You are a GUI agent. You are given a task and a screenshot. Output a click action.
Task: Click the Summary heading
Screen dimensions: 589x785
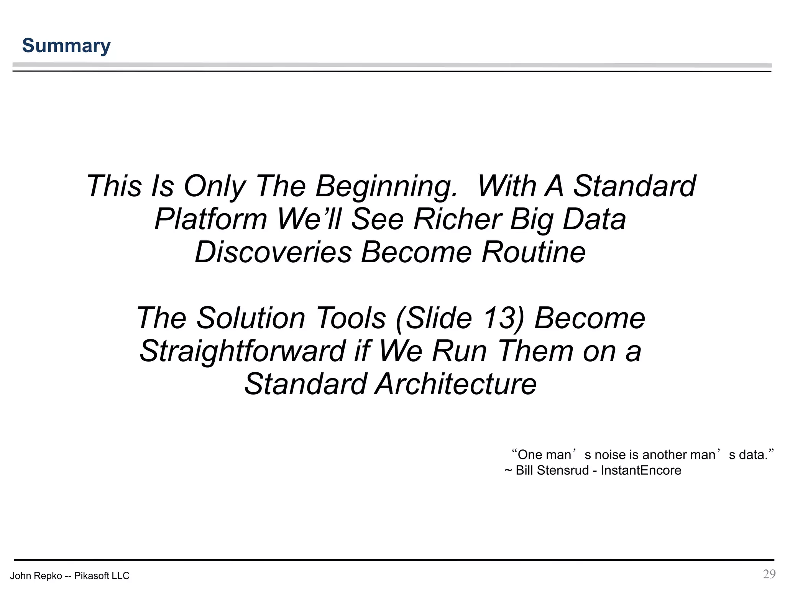66,46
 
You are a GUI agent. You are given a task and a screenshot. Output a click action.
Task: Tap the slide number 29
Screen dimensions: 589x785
769,574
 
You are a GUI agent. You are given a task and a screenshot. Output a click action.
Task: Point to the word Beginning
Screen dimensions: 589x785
386,187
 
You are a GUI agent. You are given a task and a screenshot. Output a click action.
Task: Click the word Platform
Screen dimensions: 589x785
210,219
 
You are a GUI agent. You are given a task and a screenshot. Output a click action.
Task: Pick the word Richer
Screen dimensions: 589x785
457,219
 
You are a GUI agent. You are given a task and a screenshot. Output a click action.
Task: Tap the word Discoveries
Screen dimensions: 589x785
273,252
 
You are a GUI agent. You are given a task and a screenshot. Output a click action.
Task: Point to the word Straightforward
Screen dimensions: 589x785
242,351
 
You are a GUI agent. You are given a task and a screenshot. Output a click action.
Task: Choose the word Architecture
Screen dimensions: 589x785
455,384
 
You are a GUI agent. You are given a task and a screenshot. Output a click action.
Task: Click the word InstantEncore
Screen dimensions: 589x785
641,471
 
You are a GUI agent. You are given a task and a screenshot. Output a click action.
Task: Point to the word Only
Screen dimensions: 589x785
214,187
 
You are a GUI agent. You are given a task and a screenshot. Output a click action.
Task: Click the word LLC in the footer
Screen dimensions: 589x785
121,576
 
